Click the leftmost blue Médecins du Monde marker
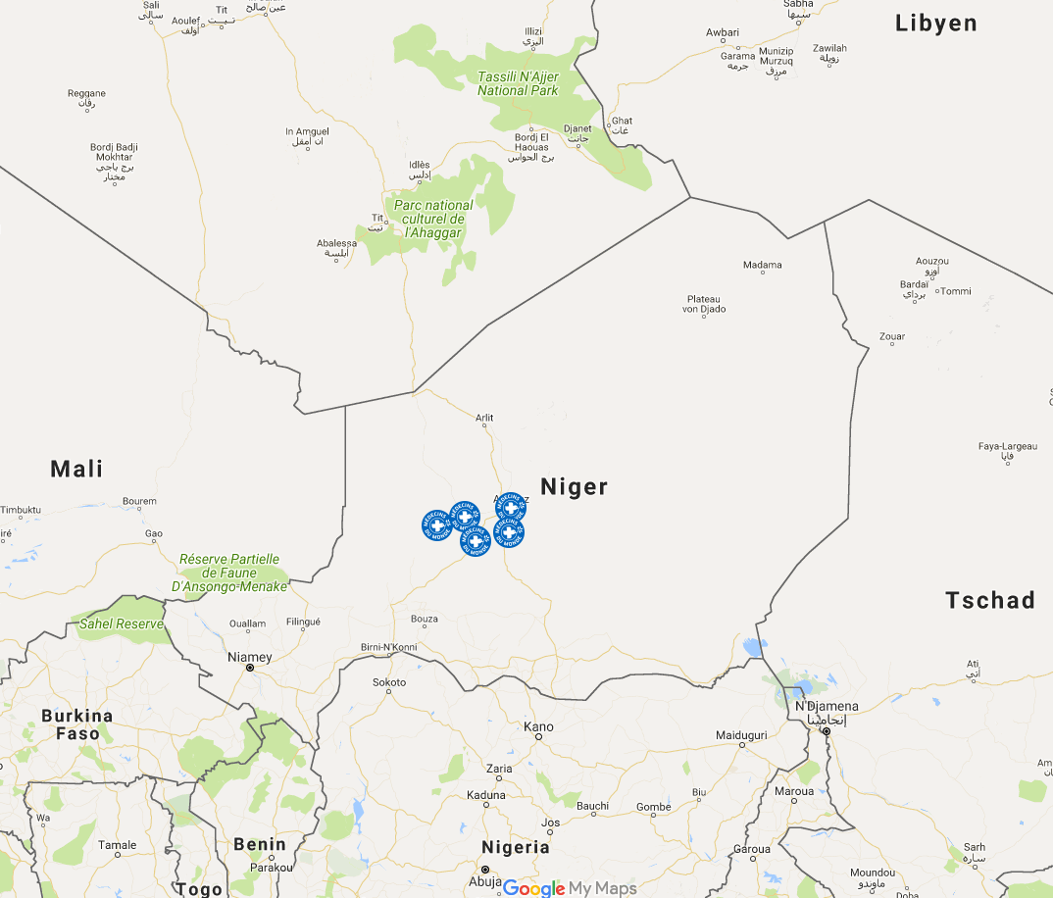pos(437,525)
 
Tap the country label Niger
pos(575,486)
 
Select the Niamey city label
pos(249,657)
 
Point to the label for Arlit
pos(484,418)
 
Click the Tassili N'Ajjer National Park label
pos(518,83)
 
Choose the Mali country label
pos(76,469)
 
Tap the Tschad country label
pos(990,600)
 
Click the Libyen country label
pos(936,24)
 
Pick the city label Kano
pos(538,726)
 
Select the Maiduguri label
pos(741,734)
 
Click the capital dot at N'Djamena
pos(827,731)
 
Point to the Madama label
pos(763,265)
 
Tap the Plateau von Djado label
pos(703,304)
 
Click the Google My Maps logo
pos(570,888)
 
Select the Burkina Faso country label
pos(77,724)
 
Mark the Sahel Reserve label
pos(122,624)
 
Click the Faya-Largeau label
pos(1007,446)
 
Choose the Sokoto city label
pos(389,682)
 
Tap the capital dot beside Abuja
pos(483,870)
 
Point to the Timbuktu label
pos(21,510)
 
